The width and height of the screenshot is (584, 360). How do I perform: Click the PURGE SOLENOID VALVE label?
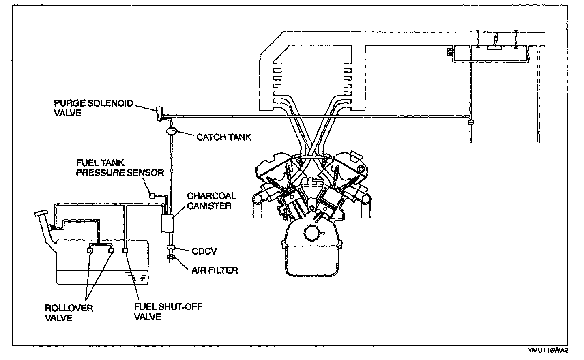[93, 108]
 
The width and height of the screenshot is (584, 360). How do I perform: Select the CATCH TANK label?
[224, 137]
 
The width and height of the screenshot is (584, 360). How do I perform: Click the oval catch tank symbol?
[171, 131]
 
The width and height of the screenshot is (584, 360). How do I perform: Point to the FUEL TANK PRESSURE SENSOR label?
[120, 168]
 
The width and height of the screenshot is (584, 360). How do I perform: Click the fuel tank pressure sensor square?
[152, 195]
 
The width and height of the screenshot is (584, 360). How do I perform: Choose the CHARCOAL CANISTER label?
[211, 201]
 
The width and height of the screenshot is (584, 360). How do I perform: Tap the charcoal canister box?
[167, 223]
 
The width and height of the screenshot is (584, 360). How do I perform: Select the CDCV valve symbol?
[170, 248]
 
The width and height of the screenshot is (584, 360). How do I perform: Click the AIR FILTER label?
[215, 270]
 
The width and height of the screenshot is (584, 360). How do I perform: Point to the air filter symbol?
[170, 257]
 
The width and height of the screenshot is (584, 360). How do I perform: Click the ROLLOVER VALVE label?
[69, 313]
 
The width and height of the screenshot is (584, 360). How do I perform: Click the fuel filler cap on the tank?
[41, 213]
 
